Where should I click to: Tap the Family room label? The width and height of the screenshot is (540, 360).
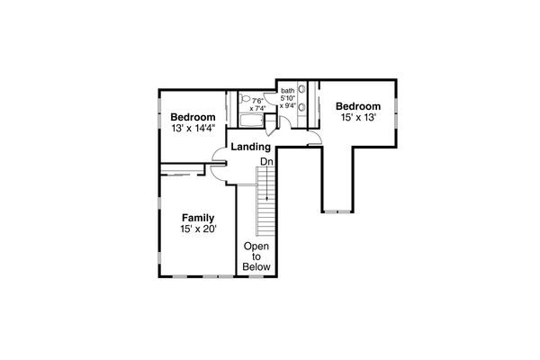(197, 218)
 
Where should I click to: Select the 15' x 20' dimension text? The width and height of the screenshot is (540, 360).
(197, 230)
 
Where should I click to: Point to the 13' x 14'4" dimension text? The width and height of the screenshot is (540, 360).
(193, 130)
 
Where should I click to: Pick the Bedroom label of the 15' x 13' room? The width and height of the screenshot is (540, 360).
(359, 105)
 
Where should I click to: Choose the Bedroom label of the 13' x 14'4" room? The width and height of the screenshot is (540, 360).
(193, 118)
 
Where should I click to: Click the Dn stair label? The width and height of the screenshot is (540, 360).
(266, 162)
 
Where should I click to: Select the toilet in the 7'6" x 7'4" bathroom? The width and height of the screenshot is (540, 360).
(245, 100)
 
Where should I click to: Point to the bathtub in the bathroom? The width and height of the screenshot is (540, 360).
(250, 120)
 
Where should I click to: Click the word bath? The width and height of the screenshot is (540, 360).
(287, 91)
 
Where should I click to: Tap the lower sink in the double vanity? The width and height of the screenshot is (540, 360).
(301, 108)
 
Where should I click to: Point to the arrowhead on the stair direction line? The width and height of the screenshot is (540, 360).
(266, 197)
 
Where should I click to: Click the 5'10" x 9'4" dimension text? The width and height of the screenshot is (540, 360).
(287, 102)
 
